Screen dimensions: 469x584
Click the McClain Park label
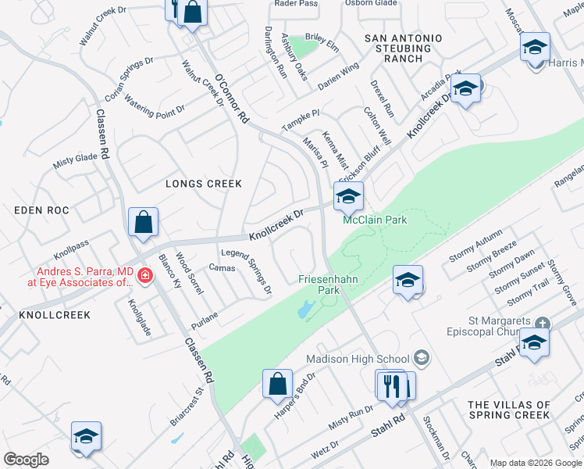tap(376, 220)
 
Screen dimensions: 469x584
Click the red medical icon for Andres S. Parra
tap(144, 275)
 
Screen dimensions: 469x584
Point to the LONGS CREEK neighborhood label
tap(204, 184)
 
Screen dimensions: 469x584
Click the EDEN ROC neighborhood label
tap(42, 211)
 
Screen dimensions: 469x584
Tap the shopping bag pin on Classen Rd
tap(144, 223)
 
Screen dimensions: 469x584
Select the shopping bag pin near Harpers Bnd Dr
tap(277, 385)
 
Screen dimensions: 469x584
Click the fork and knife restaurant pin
tap(391, 385)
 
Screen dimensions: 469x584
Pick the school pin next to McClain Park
tap(348, 197)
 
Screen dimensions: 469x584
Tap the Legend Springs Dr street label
tap(246, 271)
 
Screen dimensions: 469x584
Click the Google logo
tap(26, 460)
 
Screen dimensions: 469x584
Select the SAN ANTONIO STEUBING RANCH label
tap(404, 48)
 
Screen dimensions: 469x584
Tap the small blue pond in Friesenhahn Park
tap(304, 310)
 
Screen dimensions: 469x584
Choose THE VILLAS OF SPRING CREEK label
tap(510, 410)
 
